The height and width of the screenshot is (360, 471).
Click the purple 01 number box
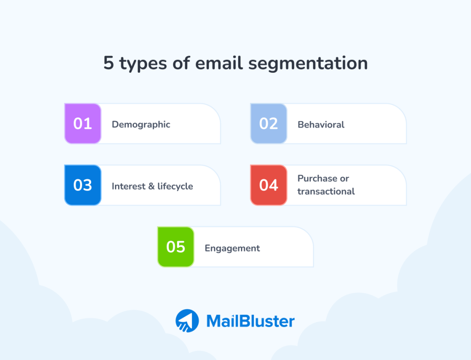[x=83, y=124]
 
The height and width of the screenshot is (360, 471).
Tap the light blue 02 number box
[x=269, y=124]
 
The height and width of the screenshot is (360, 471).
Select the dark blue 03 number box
[x=83, y=185]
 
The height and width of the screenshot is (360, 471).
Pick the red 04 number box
[x=269, y=185]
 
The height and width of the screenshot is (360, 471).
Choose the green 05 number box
[x=176, y=247]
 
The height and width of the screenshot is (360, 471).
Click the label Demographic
[x=141, y=124]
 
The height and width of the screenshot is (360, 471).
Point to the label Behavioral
[x=321, y=124]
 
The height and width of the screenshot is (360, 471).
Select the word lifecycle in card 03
[x=175, y=186]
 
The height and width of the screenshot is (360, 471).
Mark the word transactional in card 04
[x=326, y=192]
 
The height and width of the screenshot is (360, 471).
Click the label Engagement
[x=232, y=248]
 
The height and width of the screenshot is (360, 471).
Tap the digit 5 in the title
[x=108, y=63]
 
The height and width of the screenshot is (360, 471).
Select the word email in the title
[x=219, y=63]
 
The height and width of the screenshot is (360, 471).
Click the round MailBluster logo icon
[x=187, y=320]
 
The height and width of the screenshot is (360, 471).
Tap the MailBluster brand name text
[x=250, y=321]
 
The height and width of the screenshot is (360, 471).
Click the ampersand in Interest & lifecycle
[x=152, y=186]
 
